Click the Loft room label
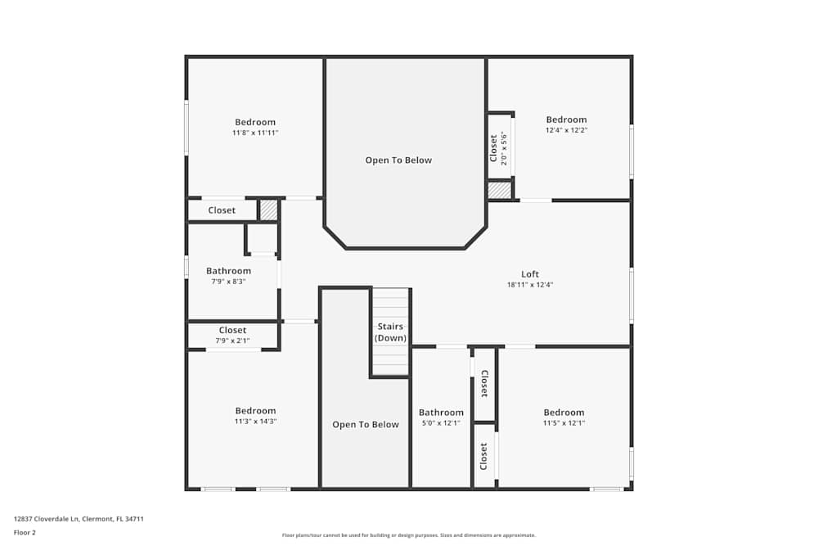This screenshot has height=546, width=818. [x=529, y=274]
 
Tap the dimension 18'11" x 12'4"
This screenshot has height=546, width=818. [x=529, y=285]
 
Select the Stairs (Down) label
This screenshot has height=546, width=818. [x=390, y=332]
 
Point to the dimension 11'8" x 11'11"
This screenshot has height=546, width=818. [x=255, y=133]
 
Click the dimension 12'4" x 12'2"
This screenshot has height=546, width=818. [x=566, y=130]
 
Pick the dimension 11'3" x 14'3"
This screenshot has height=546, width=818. [x=255, y=422]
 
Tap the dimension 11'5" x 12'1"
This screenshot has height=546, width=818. [x=564, y=423]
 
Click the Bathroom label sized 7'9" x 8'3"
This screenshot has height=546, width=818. [x=228, y=271]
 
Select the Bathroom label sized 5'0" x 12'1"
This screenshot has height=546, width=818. [x=441, y=413]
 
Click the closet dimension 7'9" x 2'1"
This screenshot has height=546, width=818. [x=232, y=341]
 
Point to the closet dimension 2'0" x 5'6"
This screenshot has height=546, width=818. [x=504, y=149]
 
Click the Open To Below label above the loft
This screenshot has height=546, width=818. [x=398, y=160]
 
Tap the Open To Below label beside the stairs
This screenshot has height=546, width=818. [x=365, y=425]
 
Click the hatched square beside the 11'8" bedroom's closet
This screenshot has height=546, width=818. [x=268, y=210]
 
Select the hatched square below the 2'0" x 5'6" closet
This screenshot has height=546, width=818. [x=500, y=189]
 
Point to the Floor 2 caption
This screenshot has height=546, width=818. [x=25, y=532]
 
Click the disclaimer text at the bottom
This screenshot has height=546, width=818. [x=408, y=535]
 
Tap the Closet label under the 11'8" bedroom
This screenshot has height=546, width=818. [x=222, y=210]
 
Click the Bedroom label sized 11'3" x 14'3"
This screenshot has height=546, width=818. [x=255, y=411]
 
